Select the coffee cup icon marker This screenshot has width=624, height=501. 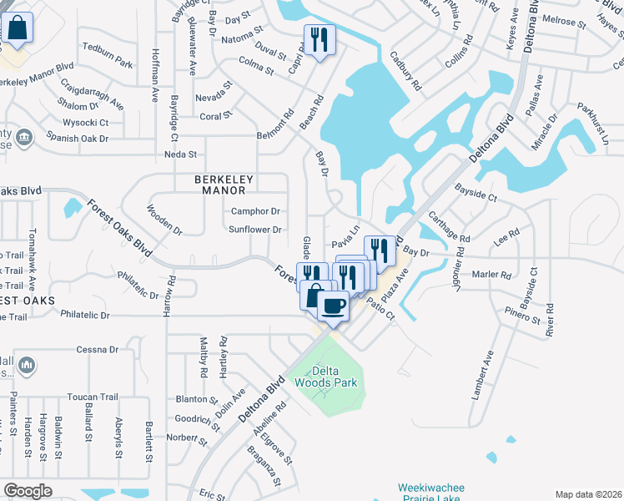(333, 306)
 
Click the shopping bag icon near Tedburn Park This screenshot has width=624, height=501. (17, 29)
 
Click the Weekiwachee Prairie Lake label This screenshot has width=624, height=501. (425, 492)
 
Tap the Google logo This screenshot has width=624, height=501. (28, 491)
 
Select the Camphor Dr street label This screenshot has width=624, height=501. (255, 212)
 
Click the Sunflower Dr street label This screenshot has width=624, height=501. (256, 230)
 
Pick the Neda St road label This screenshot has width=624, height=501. (180, 154)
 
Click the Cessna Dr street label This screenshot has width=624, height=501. (100, 349)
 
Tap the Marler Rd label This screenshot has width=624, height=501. (491, 274)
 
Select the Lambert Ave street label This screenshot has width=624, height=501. (483, 375)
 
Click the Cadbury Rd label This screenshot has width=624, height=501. (405, 71)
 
